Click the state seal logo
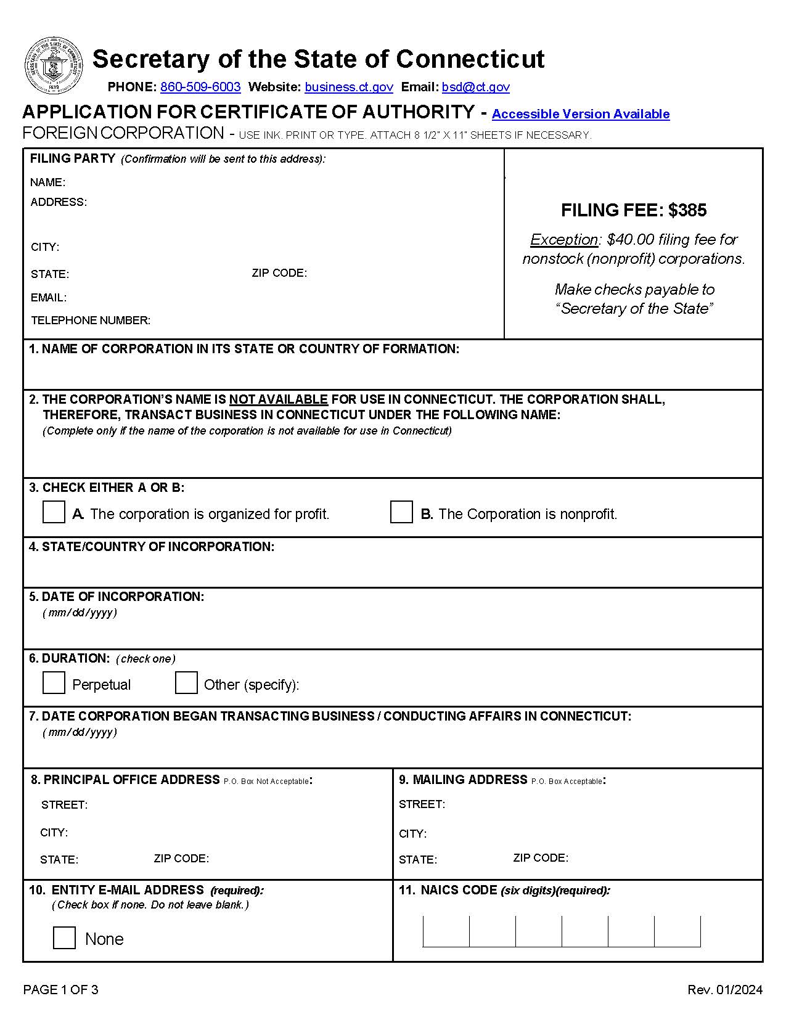pos(54,66)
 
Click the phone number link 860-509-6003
pos(200,87)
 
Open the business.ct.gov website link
pos(348,87)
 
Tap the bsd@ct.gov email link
pos(475,87)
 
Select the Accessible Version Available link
pos(580,114)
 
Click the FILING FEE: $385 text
pos(633,210)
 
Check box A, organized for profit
pos(54,512)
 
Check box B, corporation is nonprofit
pos(401,512)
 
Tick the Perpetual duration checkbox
pos(54,683)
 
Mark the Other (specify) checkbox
pos(186,683)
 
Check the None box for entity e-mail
pos(64,937)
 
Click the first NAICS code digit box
pos(446,931)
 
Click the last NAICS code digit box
pos(678,931)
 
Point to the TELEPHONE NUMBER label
pos(91,321)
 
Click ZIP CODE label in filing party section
pos(279,273)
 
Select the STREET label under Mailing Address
pos(422,804)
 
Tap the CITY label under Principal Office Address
pos(54,833)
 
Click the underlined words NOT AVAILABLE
pos(278,399)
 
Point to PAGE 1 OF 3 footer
pos(60,990)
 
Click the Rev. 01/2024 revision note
pos(724,990)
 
